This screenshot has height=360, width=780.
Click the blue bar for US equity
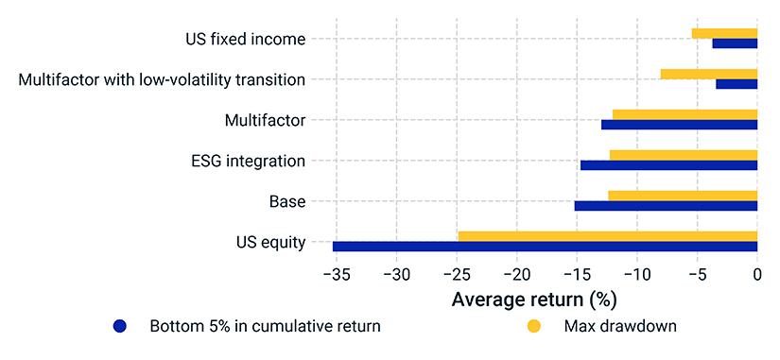pyautogui.click(x=545, y=247)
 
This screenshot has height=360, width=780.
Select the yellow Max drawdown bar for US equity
pyautogui.click(x=607, y=236)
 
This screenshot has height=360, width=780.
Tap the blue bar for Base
pyautogui.click(x=666, y=206)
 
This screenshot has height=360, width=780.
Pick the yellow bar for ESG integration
pyautogui.click(x=684, y=155)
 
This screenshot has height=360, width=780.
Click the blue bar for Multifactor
pyautogui.click(x=679, y=125)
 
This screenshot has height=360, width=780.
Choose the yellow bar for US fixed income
pyautogui.click(x=724, y=33)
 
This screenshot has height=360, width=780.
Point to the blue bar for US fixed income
pyautogui.click(x=735, y=43)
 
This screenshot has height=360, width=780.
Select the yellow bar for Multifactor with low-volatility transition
pyautogui.click(x=709, y=74)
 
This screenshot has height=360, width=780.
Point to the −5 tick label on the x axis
pyautogui.click(x=697, y=274)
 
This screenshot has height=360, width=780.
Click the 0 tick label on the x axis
pyautogui.click(x=757, y=274)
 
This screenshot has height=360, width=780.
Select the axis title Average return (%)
pyautogui.click(x=534, y=300)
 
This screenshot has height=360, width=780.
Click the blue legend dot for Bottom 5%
pyautogui.click(x=120, y=326)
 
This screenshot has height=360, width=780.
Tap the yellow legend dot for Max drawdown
pyautogui.click(x=533, y=326)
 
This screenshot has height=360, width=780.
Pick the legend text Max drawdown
pyautogui.click(x=620, y=326)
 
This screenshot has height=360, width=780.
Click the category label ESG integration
pyautogui.click(x=248, y=162)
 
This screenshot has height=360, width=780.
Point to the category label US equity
pyautogui.click(x=270, y=243)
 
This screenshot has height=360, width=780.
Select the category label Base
pyautogui.click(x=287, y=202)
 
